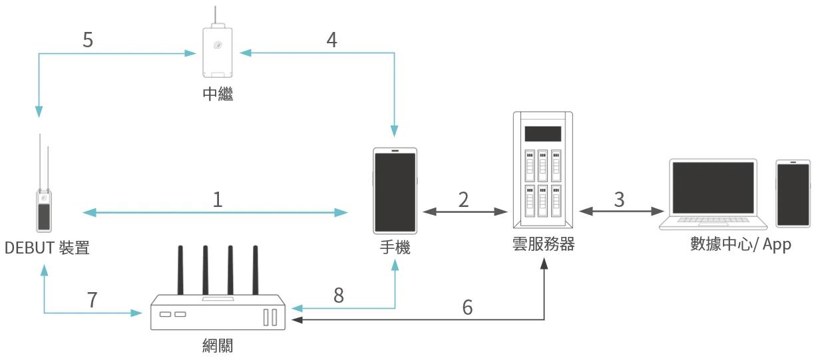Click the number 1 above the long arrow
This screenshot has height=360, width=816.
[x=218, y=200]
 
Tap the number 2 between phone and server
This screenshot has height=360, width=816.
[x=463, y=200]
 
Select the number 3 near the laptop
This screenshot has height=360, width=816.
[x=619, y=200]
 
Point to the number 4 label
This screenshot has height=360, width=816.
[x=331, y=40]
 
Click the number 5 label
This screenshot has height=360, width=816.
[x=87, y=40]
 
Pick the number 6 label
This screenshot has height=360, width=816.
[x=467, y=307]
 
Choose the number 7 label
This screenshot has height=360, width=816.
[x=92, y=300]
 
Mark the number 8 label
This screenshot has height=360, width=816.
[x=339, y=296]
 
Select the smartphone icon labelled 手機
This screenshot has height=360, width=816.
[x=395, y=190]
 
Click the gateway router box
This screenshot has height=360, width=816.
[x=218, y=312]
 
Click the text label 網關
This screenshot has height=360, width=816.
[x=218, y=345]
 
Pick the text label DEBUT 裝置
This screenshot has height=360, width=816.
[x=47, y=248]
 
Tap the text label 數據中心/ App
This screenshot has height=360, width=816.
[x=741, y=245]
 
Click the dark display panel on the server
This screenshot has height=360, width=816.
[x=542, y=134]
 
